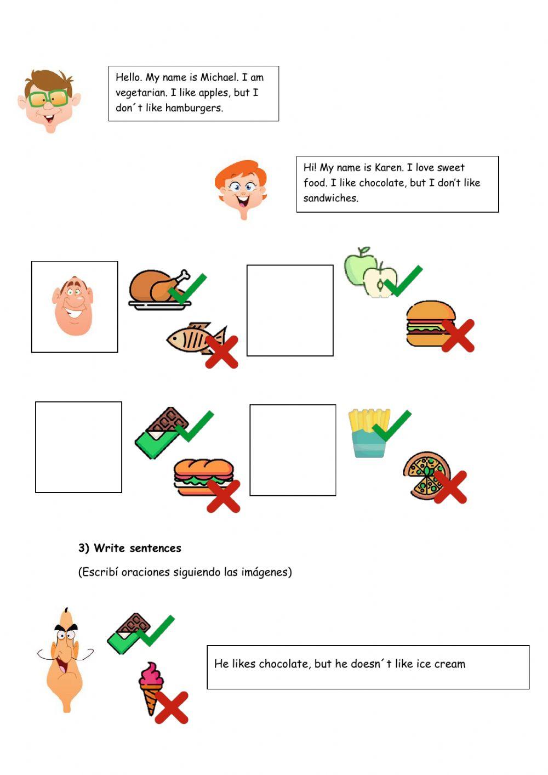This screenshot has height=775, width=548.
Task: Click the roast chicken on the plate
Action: pos(159,289)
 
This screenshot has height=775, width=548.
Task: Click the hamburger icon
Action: pos(431,323)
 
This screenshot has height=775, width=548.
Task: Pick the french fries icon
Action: pos(369,433)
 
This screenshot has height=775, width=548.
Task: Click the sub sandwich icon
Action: pos(204,477)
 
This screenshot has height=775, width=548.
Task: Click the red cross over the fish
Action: pos(221,352)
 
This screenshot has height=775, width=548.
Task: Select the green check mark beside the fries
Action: pos(392,426)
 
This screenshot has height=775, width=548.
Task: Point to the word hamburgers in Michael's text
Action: pos(194,108)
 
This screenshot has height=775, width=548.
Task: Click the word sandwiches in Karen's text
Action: pos(331,198)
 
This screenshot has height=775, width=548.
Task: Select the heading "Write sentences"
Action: pos(137,548)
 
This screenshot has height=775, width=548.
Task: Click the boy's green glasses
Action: pos(48,98)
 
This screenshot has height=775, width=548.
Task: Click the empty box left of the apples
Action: pos(290,310)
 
